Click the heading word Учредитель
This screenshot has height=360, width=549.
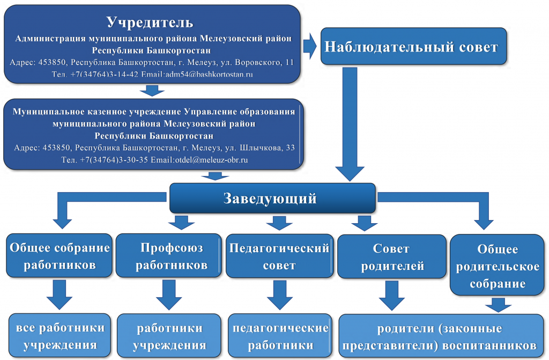coord(150,23)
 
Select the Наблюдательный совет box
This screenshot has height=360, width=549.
coord(413,46)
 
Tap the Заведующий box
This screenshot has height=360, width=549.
coord(272,198)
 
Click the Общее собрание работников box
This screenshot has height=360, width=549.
coord(59,255)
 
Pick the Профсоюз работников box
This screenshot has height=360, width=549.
coord(169,255)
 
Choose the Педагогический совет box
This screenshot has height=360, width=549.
coord(279,256)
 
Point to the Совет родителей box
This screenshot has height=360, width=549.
coord(392,256)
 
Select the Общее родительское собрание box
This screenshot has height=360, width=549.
coord(497,265)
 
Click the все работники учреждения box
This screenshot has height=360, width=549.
coord(60,335)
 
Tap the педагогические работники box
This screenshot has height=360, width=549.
coord(280,335)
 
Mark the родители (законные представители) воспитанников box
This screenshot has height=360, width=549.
coord(441,336)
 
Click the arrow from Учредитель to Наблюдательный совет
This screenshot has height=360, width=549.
coord(310,46)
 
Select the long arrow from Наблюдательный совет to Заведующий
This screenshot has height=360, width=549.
coord(350,124)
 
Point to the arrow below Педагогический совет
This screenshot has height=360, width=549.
coord(280,295)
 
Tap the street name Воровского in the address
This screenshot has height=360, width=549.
coord(258,62)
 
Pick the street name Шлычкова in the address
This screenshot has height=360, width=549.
coord(262,148)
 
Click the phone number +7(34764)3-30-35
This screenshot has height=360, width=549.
coord(114,160)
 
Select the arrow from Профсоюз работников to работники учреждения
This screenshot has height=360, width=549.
coord(169,295)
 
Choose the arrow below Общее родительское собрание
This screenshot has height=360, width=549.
coord(498,305)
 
